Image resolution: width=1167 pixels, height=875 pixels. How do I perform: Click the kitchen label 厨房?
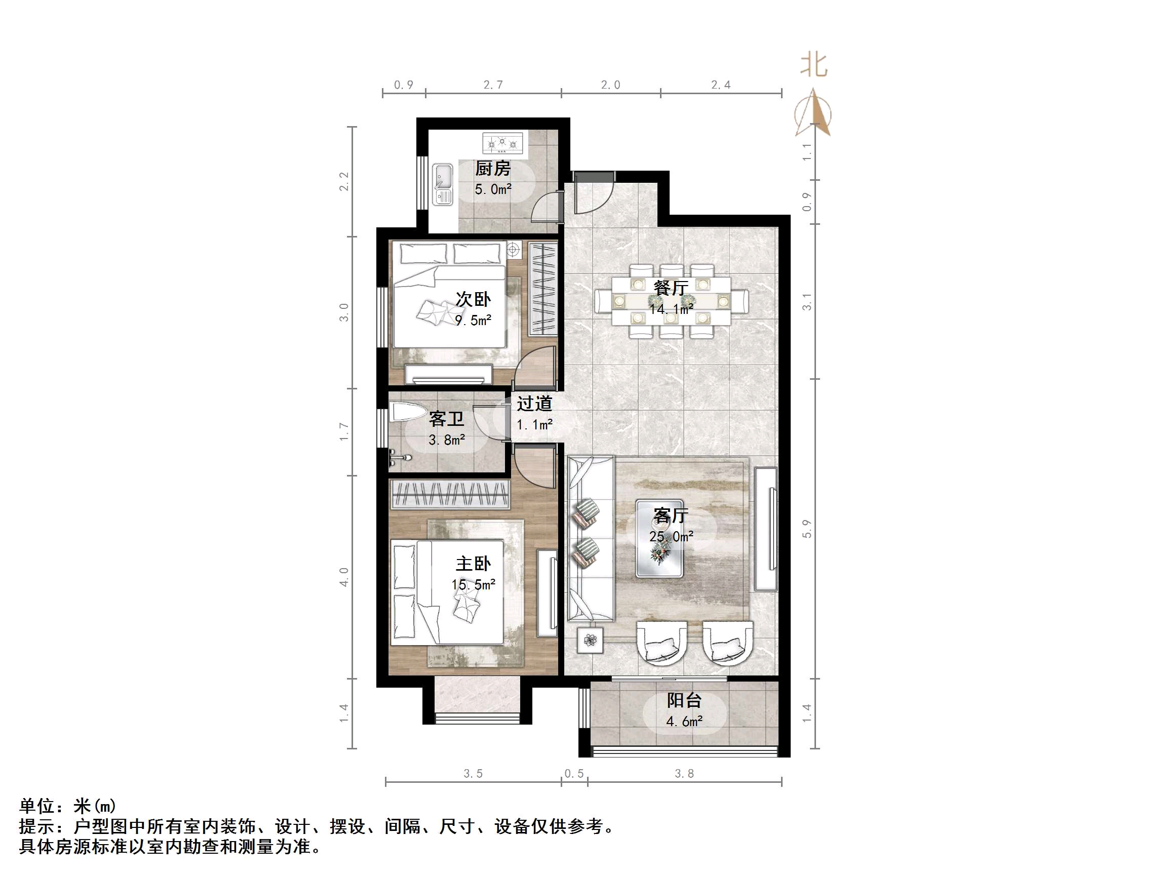[x=492, y=169]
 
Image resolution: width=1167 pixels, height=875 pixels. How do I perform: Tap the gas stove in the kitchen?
[x=503, y=142]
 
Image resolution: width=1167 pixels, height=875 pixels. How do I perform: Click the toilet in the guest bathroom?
[x=407, y=412]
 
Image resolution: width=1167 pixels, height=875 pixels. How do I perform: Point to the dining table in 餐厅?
[x=671, y=301]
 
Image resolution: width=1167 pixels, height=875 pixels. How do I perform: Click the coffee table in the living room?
[x=659, y=538]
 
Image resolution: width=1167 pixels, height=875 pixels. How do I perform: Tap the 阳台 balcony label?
[x=684, y=700]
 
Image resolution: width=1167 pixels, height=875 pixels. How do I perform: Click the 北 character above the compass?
[x=813, y=65]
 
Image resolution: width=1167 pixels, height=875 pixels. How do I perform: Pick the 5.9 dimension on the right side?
[x=807, y=529]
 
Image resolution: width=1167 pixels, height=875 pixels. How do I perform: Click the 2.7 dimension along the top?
[x=493, y=85]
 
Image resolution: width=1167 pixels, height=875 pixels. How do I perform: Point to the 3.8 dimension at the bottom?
[x=684, y=774]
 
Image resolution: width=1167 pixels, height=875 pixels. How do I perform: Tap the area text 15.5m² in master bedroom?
[x=473, y=585]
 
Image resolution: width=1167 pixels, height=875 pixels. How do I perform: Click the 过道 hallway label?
[x=534, y=404]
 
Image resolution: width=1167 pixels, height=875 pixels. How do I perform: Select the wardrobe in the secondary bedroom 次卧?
[x=543, y=288]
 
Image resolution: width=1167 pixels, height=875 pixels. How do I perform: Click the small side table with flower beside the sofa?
[x=590, y=640]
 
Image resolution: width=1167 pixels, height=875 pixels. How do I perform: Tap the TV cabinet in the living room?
[x=765, y=529]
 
